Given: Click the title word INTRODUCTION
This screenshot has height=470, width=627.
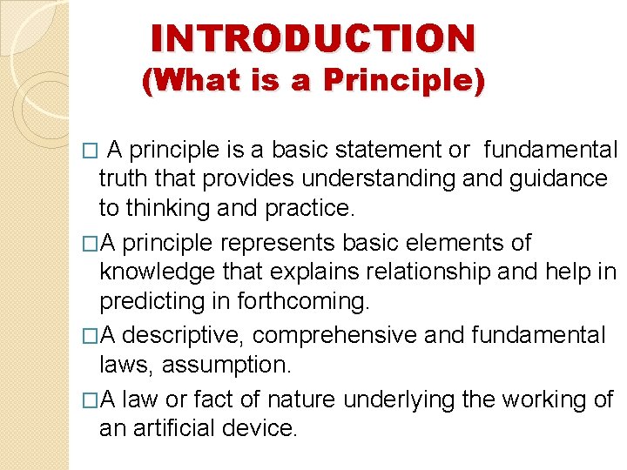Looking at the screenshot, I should pyautogui.click(x=313, y=38).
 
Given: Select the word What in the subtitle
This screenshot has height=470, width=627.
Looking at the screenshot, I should pyautogui.click(x=186, y=81).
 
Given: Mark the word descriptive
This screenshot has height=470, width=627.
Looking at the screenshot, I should pyautogui.click(x=192, y=335).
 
